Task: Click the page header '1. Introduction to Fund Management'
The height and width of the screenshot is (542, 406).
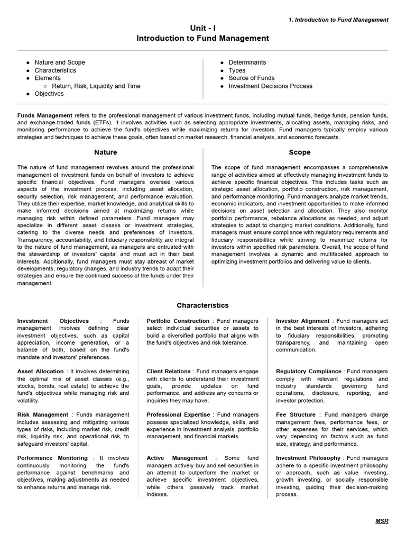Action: (x=338, y=20)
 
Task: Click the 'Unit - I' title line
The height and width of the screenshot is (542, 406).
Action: (x=202, y=28)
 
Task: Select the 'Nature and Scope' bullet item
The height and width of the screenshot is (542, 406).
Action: (x=60, y=62)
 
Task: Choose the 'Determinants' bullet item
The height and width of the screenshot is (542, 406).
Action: (x=247, y=62)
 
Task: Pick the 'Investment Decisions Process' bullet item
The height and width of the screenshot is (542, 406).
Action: (x=270, y=86)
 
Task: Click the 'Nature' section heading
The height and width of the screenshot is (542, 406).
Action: (x=106, y=152)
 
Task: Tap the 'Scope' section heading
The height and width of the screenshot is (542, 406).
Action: (x=300, y=152)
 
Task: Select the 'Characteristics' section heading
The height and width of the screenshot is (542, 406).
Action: (x=202, y=305)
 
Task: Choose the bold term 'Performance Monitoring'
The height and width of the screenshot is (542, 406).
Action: (x=52, y=458)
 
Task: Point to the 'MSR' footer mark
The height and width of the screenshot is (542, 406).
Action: (x=382, y=521)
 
